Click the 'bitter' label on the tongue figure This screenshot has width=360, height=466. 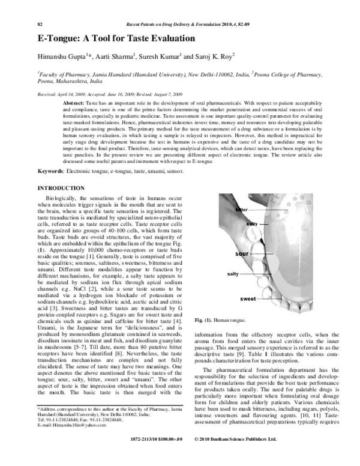click(x=241, y=209)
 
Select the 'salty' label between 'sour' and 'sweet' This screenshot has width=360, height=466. click(x=233, y=274)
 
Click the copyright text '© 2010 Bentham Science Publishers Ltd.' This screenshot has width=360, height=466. click(x=236, y=456)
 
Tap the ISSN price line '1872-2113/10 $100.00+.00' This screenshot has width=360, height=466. click(x=155, y=456)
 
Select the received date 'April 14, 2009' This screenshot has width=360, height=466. click(x=69, y=95)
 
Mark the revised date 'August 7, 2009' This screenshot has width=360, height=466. click(x=170, y=95)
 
